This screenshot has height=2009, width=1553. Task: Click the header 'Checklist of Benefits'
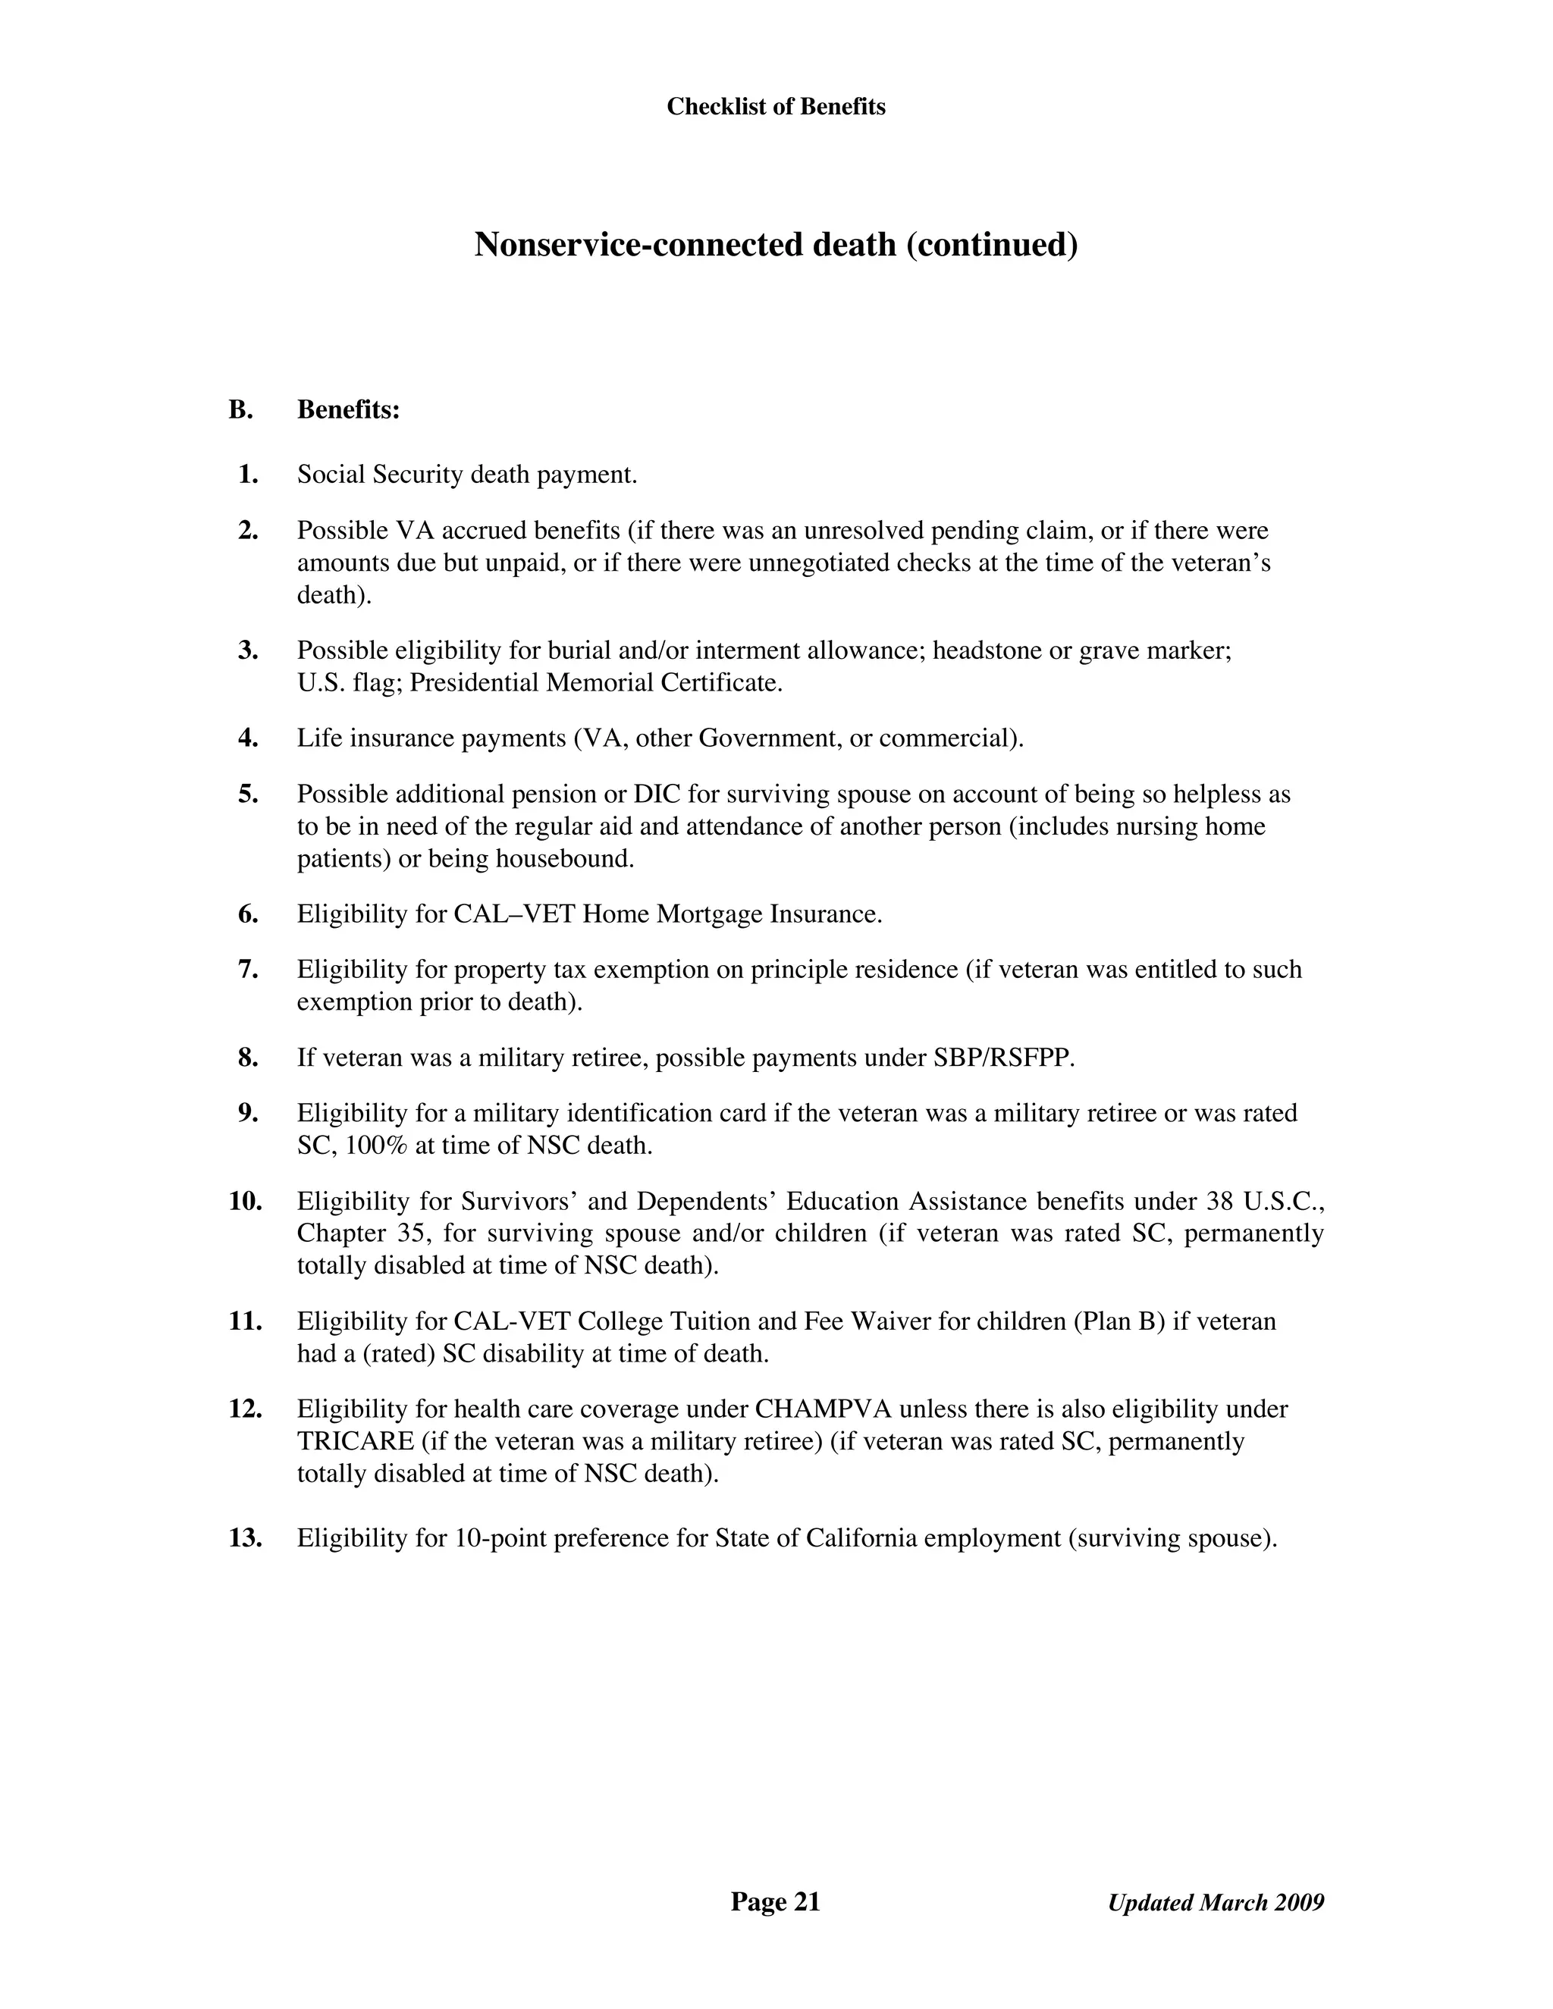(776, 107)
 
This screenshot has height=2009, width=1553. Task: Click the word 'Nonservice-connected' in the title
(639, 245)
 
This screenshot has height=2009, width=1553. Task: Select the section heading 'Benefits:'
(348, 410)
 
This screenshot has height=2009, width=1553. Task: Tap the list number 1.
(247, 475)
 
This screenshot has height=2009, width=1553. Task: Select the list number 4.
(247, 738)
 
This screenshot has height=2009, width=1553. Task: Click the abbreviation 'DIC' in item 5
(657, 794)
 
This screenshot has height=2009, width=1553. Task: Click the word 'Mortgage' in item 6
(708, 914)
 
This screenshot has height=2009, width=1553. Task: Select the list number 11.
(246, 1322)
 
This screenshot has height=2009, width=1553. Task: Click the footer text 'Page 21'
(775, 1902)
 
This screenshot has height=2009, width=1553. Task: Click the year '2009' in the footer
(1299, 1903)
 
